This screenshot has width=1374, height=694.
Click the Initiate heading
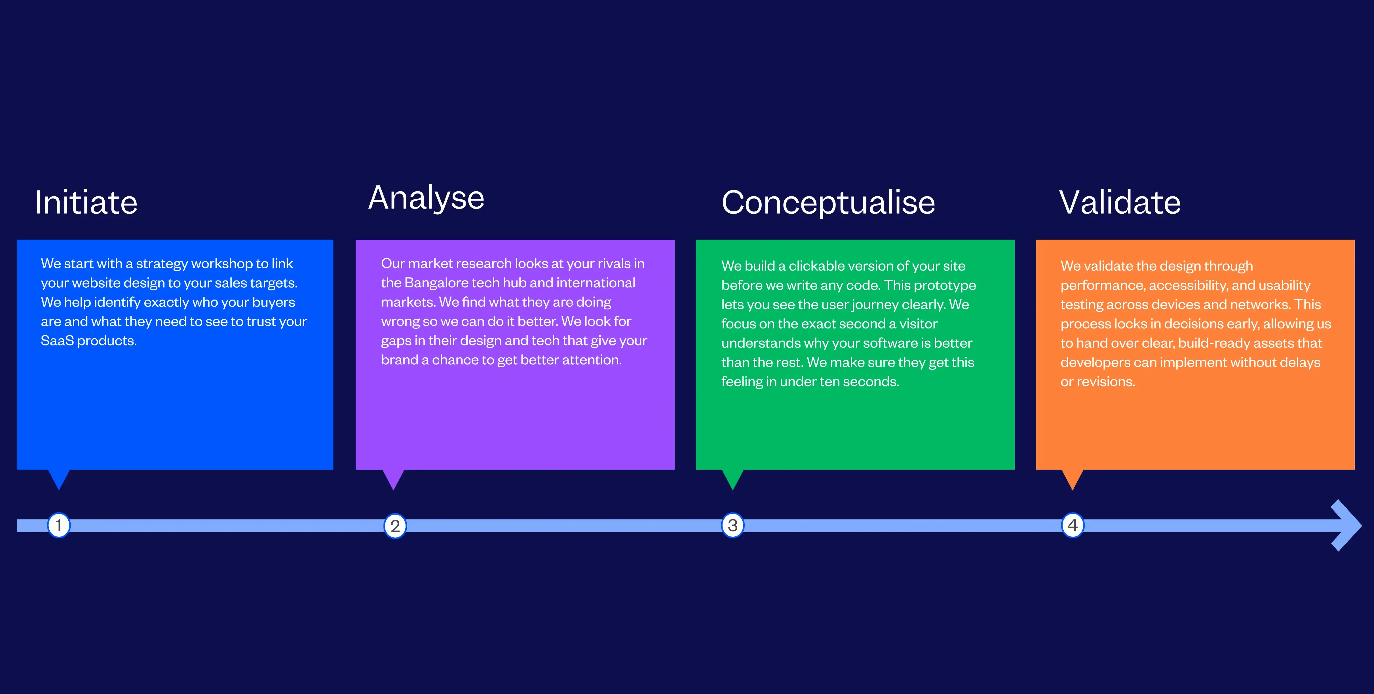click(86, 203)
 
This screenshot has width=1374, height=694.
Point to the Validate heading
click(1120, 203)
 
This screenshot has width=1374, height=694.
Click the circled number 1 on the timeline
click(59, 525)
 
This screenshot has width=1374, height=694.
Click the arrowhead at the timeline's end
click(1347, 525)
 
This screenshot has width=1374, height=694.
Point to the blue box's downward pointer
click(59, 479)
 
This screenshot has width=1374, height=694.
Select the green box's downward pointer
click(733, 479)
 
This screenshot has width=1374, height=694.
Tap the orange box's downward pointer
click(1073, 479)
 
